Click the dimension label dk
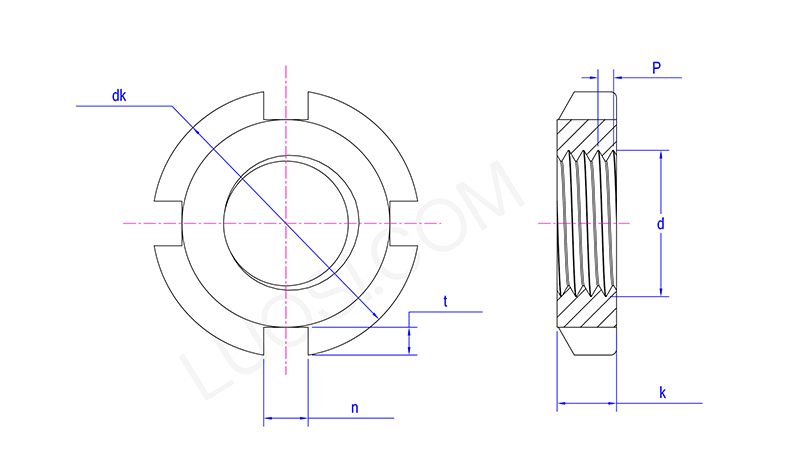click(119, 96)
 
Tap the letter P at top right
click(657, 67)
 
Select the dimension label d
click(661, 224)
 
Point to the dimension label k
click(662, 392)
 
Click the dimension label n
click(355, 408)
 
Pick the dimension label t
click(445, 302)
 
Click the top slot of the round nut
click(286, 106)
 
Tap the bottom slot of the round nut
click(286, 341)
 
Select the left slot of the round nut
click(168, 224)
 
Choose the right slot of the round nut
click(404, 224)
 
